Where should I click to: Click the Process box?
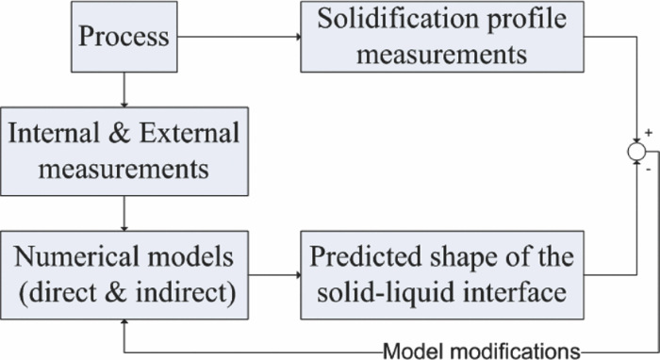(124, 38)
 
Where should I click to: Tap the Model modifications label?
(481, 351)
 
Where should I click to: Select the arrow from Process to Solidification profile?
(239, 38)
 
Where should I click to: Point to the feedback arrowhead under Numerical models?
(124, 323)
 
